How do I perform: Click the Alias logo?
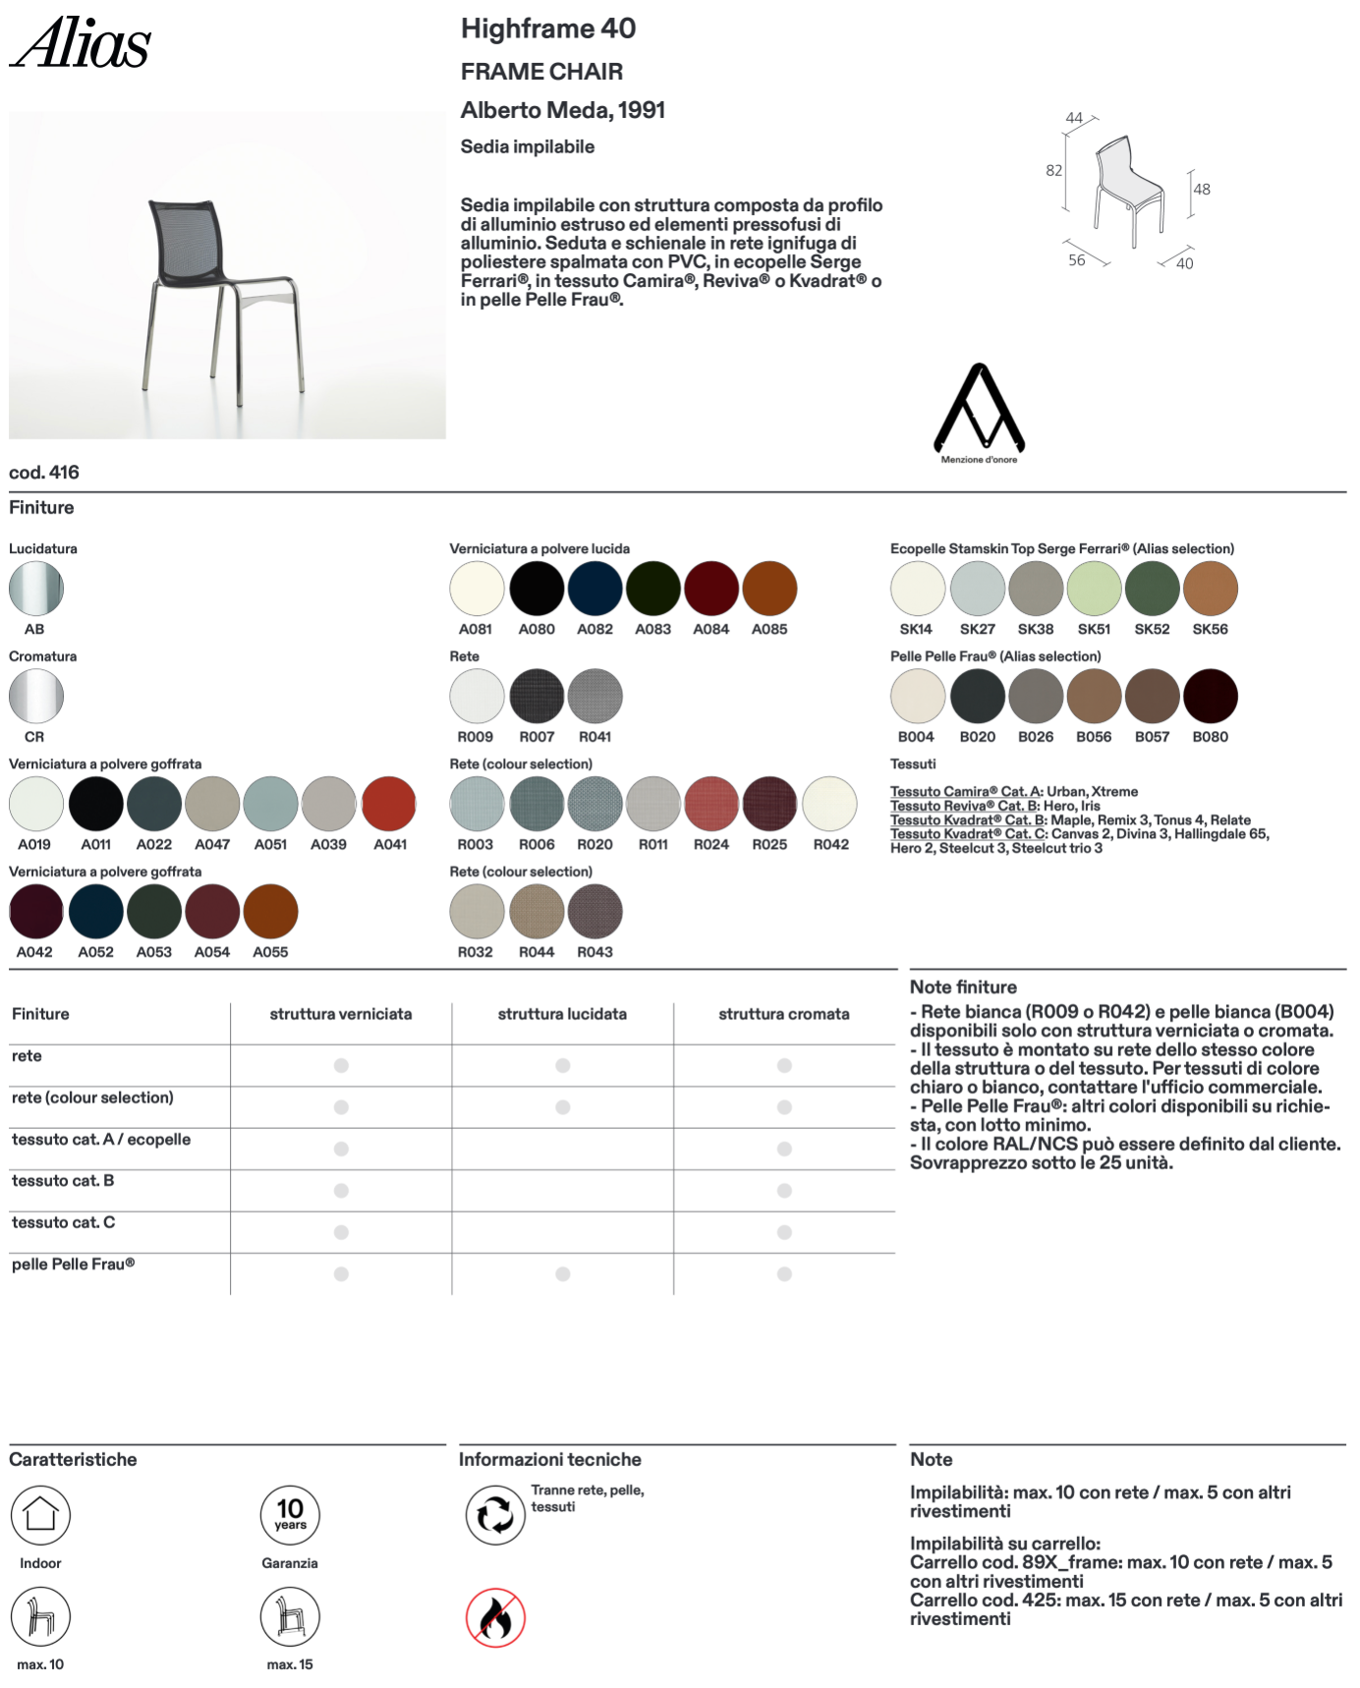pos(80,44)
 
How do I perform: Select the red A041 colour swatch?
pos(389,804)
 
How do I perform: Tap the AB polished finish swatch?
pos(36,589)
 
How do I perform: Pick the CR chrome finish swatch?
pos(36,697)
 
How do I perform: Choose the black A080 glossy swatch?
pos(537,589)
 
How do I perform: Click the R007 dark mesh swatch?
pos(537,697)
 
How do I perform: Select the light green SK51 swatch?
pos(1094,589)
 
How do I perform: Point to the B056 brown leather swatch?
pos(1094,697)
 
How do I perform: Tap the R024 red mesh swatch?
pos(711,804)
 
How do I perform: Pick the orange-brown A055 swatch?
pos(270,912)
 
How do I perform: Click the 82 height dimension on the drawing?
pos(1053,171)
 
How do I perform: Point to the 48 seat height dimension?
pos(1202,190)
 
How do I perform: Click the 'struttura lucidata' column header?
pos(562,1014)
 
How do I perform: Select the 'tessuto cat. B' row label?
pos(63,1181)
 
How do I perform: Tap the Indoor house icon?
pos(40,1514)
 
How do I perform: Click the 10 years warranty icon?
pos(290,1514)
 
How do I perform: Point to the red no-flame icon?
pos(495,1617)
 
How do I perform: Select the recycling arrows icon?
pos(495,1514)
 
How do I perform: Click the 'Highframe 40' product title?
pos(548,29)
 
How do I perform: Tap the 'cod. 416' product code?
pos(44,473)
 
